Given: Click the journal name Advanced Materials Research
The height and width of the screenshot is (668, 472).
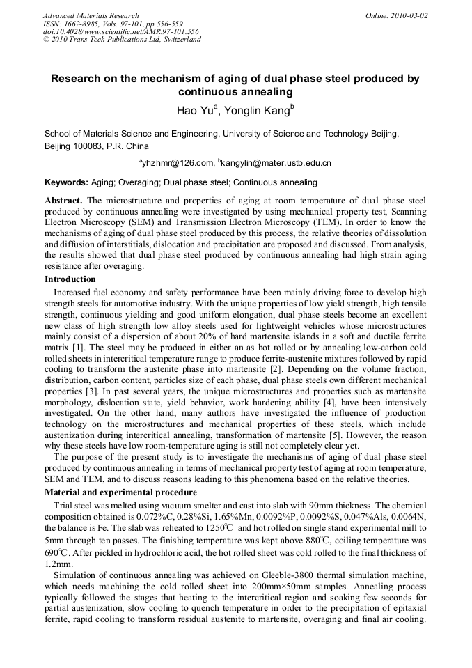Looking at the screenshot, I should pos(91,15).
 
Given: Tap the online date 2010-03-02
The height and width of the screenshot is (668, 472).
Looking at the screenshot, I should pos(406,15).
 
